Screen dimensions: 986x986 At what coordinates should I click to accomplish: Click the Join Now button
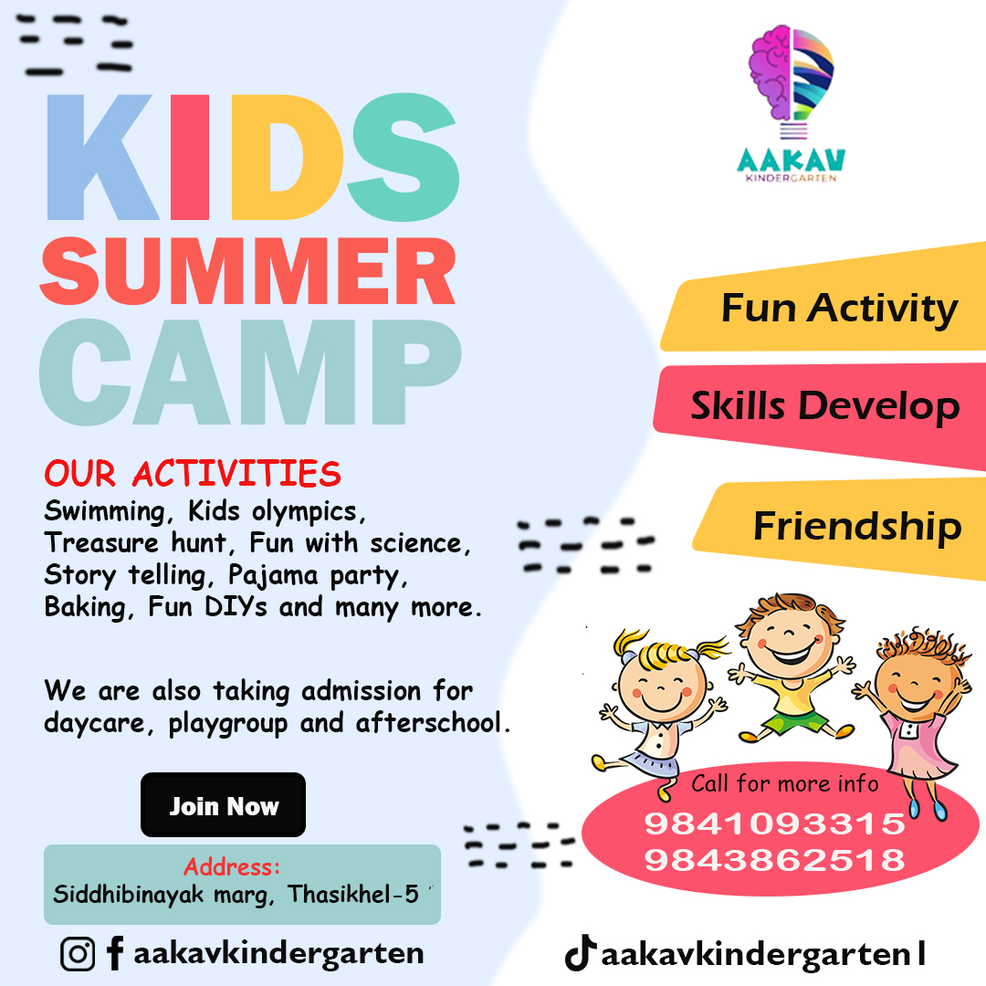point(224,805)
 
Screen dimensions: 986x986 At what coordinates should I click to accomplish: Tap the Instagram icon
point(78,954)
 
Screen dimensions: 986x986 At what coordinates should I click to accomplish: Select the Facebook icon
point(115,953)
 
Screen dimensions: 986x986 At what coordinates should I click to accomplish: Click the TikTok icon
point(580,952)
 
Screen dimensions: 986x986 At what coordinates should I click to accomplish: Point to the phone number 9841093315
point(775,823)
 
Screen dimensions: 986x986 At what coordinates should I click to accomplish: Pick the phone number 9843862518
point(775,860)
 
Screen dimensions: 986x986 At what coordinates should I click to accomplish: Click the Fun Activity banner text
point(840,309)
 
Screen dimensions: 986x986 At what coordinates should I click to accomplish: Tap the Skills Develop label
point(825,406)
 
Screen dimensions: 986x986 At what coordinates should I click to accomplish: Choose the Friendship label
point(857,526)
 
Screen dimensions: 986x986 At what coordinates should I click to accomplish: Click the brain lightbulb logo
point(791,80)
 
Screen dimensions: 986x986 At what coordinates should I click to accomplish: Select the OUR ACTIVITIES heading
point(193,474)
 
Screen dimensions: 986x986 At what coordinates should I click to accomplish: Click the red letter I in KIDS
point(189,157)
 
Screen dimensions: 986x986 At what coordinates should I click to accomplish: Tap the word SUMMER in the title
point(247,272)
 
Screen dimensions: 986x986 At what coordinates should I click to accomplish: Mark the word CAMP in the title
point(250,372)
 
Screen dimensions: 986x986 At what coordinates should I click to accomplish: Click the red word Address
point(231,867)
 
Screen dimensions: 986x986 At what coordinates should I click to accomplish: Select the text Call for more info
point(785,783)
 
